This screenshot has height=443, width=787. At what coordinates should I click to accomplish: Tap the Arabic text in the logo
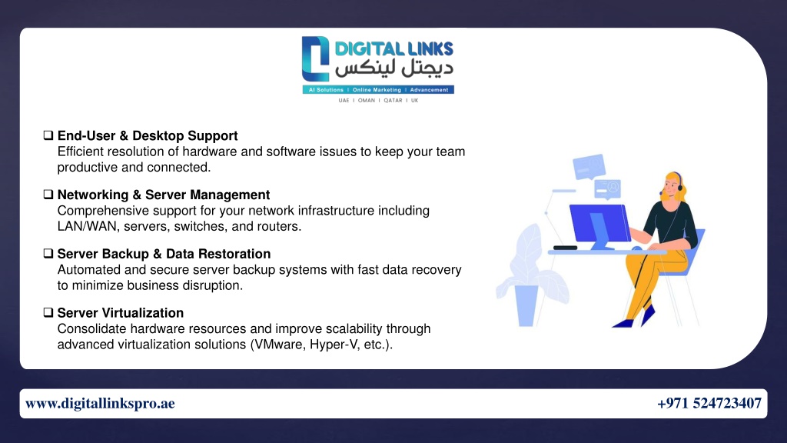point(394,68)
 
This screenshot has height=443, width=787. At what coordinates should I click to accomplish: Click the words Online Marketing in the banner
point(377,90)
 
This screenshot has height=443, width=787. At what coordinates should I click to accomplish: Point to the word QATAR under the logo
point(393,101)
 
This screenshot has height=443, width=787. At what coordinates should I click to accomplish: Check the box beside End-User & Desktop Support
point(48,135)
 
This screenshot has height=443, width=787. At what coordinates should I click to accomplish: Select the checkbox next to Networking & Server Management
point(48,195)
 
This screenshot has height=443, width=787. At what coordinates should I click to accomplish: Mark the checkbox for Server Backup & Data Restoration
point(48,254)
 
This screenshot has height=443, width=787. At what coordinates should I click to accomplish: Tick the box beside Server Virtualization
point(48,312)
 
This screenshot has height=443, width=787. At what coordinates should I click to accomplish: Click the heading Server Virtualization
point(121,313)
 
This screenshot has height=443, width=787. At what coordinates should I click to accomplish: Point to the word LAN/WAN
point(87,227)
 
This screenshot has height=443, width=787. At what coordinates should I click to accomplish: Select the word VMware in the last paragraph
point(277,345)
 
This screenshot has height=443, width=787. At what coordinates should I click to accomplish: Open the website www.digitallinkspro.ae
point(100,403)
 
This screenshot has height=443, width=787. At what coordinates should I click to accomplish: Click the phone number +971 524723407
point(709,403)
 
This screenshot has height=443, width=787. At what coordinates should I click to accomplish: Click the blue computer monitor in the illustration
point(599,225)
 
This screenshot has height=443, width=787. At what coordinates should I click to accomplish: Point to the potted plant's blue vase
point(526,305)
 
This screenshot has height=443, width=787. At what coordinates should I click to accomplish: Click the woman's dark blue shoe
point(648,315)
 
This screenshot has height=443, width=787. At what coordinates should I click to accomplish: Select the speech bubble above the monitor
point(589,167)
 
